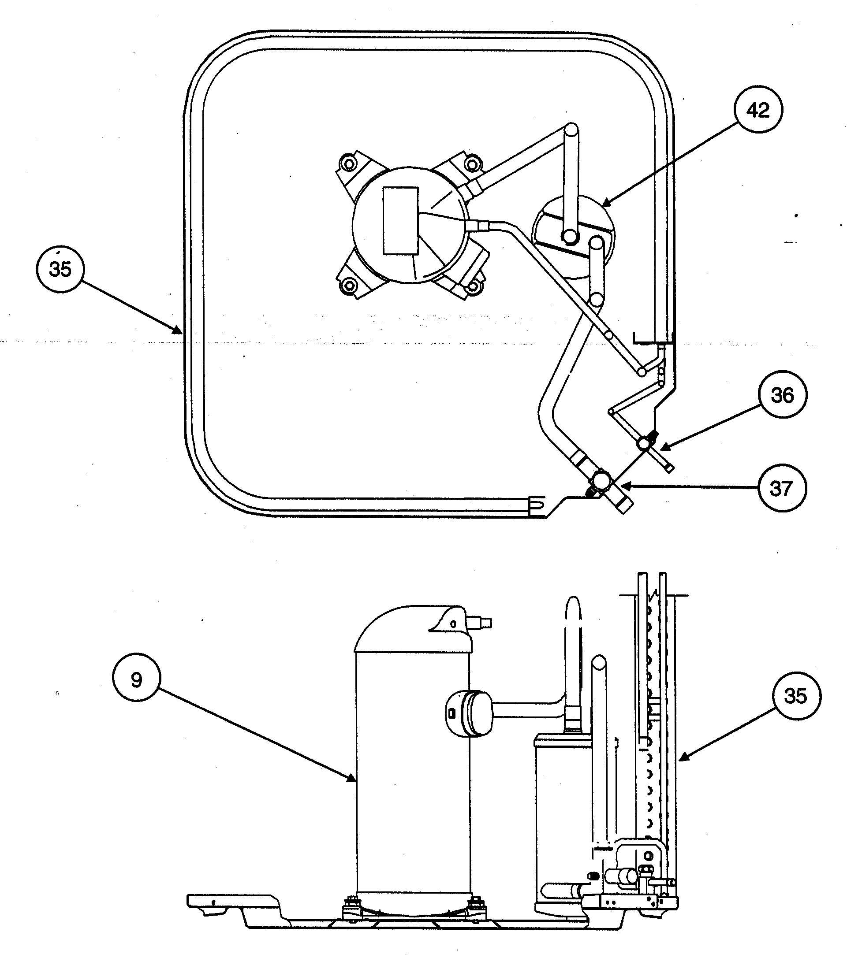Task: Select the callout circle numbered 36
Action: tap(782, 395)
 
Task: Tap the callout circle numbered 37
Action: tap(781, 488)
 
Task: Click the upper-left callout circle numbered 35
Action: tap(60, 269)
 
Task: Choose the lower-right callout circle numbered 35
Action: tap(795, 696)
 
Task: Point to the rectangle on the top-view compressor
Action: tap(400, 220)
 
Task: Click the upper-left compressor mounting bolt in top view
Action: tap(348, 164)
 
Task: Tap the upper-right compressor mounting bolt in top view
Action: tap(471, 163)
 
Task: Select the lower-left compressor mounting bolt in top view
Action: tap(349, 285)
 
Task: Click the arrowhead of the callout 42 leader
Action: tap(606, 204)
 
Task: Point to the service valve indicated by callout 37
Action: tap(602, 482)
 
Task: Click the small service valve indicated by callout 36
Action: tap(644, 443)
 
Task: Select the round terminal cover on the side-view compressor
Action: tap(468, 713)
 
